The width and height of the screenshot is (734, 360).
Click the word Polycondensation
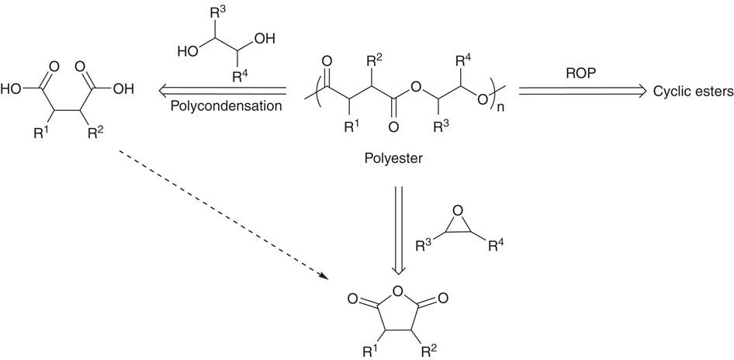(227, 106)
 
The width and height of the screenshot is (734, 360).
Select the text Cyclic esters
(692, 92)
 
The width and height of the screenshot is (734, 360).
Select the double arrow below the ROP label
(582, 92)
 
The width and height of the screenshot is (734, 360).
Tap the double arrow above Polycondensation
(226, 90)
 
